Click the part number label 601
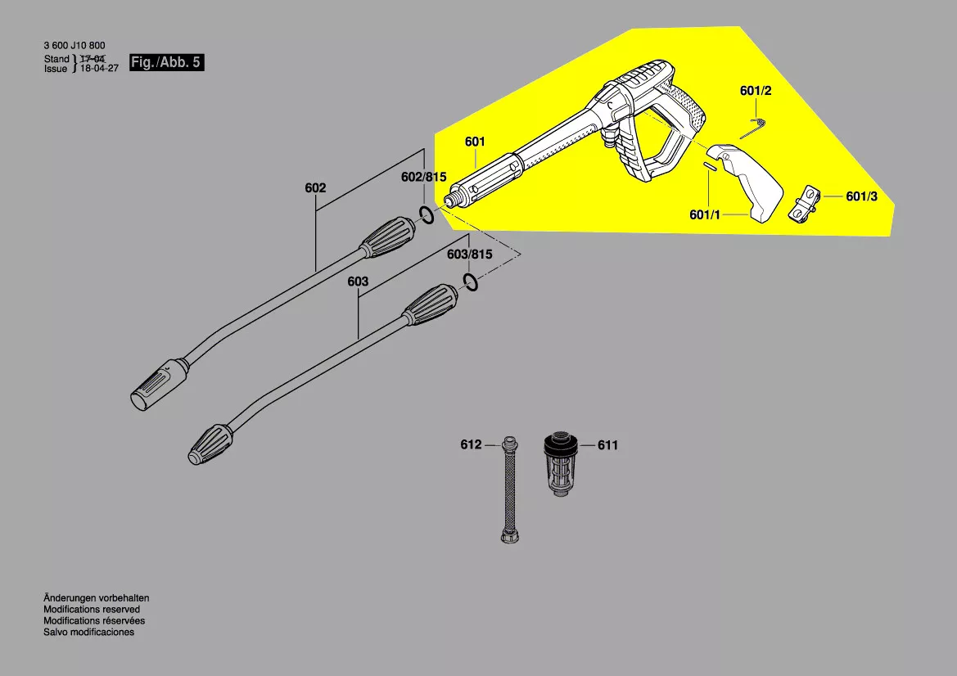click(x=475, y=142)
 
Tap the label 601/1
click(x=704, y=214)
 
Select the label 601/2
click(x=756, y=91)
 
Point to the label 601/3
click(x=862, y=196)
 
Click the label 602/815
click(x=423, y=178)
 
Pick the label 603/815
click(x=469, y=255)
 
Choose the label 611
click(x=608, y=445)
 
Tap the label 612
click(x=471, y=445)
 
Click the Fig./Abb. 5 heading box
click(x=166, y=63)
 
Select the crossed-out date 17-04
click(x=93, y=59)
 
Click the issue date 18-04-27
click(x=98, y=70)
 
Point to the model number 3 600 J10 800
click(x=74, y=46)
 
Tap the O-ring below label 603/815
click(x=471, y=283)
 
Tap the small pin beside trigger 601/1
click(x=708, y=165)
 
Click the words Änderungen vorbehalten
click(x=96, y=598)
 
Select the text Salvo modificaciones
click(x=88, y=632)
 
